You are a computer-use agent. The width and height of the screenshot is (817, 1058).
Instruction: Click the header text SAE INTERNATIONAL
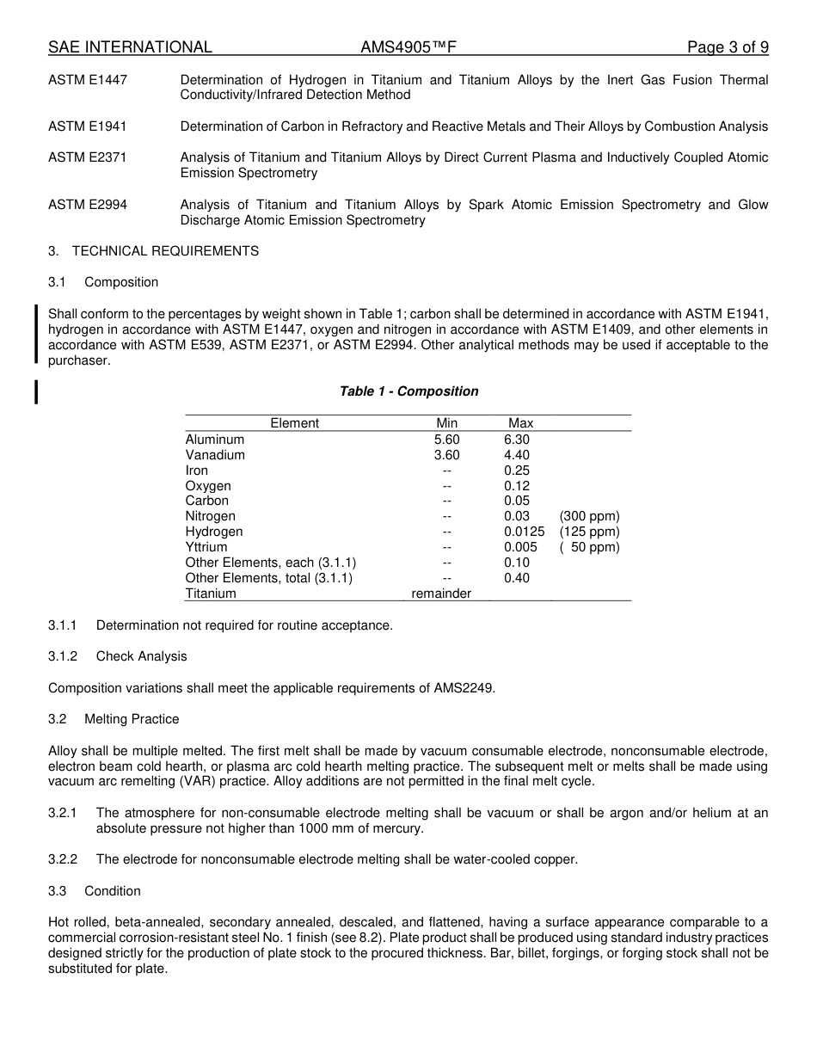point(130,47)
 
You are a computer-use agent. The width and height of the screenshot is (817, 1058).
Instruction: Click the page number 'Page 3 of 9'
point(728,47)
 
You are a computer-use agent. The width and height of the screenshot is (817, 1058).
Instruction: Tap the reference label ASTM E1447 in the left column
point(88,80)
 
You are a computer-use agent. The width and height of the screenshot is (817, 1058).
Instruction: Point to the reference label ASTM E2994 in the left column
point(88,205)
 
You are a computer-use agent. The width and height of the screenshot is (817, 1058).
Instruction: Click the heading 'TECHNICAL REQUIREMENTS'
point(165,251)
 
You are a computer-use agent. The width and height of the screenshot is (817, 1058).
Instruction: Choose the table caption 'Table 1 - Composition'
point(408,391)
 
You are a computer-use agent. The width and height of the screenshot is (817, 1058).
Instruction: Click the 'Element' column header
point(294,423)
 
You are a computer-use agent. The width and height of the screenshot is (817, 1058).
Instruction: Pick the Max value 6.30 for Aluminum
point(517,440)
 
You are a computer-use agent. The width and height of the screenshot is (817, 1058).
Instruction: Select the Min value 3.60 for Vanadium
point(446,455)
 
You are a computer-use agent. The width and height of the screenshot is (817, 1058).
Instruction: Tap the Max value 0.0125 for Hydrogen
point(524,532)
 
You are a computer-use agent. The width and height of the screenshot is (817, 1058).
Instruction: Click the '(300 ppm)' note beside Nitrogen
point(589,516)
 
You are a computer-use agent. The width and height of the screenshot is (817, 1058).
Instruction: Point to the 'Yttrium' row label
point(206,547)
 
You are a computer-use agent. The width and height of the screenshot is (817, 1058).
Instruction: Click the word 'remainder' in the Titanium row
point(441,594)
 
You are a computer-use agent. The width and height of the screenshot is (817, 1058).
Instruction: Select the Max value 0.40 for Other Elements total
point(517,578)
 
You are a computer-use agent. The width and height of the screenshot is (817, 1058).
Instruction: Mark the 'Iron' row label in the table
point(197,471)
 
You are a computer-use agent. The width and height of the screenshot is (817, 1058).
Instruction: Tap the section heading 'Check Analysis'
point(141,656)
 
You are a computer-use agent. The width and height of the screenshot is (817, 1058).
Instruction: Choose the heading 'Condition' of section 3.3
point(113,891)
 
